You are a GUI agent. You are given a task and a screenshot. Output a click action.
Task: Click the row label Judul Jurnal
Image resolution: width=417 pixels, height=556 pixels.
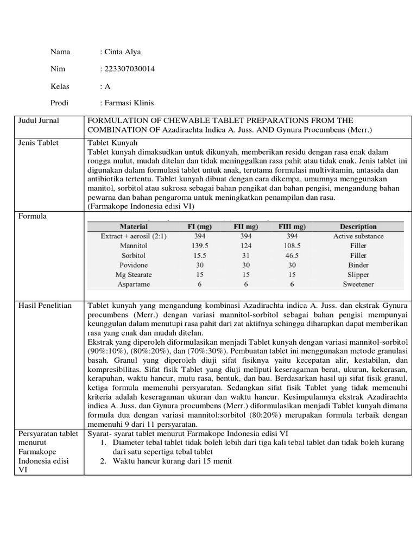click(39, 121)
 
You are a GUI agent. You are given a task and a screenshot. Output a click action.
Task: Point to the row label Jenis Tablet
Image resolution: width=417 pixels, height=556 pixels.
click(39, 143)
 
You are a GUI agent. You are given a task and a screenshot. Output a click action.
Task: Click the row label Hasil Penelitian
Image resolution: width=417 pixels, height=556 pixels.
click(45, 306)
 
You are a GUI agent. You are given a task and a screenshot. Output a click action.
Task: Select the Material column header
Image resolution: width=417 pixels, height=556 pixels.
click(134, 226)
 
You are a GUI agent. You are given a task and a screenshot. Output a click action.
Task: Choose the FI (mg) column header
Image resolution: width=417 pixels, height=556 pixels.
click(199, 226)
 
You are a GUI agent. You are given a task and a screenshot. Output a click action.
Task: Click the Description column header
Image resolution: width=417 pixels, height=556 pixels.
click(358, 226)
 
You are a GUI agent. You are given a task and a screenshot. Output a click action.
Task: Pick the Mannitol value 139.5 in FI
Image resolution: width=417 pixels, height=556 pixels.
click(199, 246)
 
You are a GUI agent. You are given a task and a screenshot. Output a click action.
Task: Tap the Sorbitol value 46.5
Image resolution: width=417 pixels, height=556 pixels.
click(292, 255)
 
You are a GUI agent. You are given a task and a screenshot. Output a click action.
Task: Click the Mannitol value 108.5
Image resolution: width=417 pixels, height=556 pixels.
click(292, 246)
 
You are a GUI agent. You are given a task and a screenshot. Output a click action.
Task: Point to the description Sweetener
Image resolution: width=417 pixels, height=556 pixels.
click(358, 284)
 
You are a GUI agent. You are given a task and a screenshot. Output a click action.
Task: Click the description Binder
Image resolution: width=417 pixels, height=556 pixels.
click(358, 265)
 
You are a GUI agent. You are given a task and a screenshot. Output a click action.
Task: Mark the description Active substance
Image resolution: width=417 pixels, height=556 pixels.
click(358, 236)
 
